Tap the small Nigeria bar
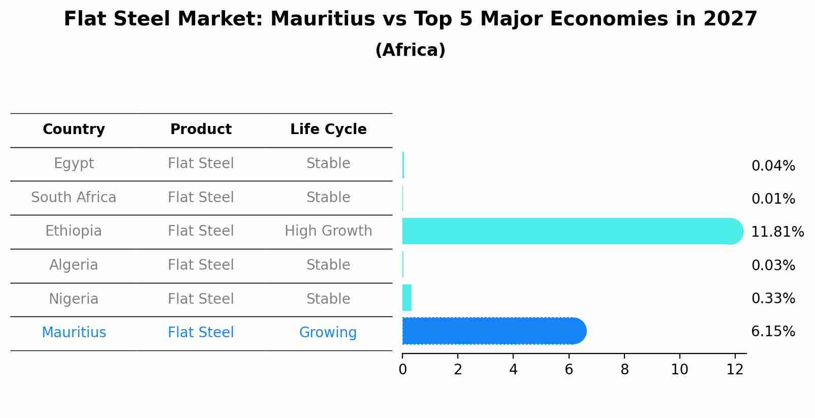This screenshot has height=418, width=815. [x=406, y=298]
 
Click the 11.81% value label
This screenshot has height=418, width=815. [x=777, y=232]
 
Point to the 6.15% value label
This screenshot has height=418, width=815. [x=773, y=332]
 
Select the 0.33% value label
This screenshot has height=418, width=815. [x=773, y=298]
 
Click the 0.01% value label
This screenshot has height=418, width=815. [x=773, y=199]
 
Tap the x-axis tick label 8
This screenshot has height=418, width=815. [x=624, y=370]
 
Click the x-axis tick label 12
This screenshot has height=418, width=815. [x=735, y=370]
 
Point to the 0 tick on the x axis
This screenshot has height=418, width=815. [x=402, y=370]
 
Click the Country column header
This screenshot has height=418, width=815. [x=74, y=130]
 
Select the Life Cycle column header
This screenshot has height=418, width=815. [x=328, y=130]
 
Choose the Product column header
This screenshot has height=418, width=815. [x=201, y=130]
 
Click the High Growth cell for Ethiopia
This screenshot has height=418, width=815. [x=328, y=231]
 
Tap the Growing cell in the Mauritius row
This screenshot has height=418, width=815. [x=328, y=333]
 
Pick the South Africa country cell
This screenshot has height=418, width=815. [x=74, y=197]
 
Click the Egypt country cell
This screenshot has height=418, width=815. [x=74, y=164]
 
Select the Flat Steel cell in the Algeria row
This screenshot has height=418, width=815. [x=201, y=265]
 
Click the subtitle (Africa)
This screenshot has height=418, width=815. [x=410, y=50]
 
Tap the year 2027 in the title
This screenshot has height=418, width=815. [x=730, y=19]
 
